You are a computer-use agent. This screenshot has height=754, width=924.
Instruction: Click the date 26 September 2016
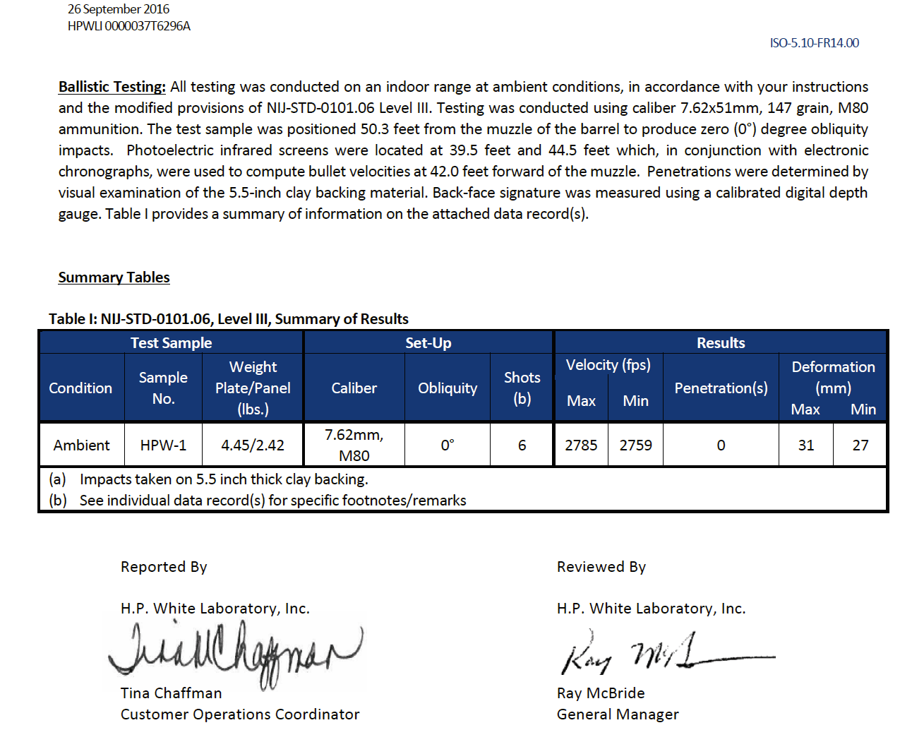119,9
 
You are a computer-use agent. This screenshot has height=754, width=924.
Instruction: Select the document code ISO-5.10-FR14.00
814,43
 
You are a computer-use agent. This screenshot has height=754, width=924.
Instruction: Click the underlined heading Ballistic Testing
112,87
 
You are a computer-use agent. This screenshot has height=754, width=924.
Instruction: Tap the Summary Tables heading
114,277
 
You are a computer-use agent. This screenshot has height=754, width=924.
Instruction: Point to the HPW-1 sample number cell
163,445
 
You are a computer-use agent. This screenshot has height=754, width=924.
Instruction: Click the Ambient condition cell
81,445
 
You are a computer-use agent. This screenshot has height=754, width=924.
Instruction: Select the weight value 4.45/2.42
253,445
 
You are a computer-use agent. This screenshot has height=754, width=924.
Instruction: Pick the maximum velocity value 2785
581,445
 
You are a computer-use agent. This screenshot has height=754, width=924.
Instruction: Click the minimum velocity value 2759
635,445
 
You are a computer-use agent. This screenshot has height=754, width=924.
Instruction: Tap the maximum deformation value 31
805,445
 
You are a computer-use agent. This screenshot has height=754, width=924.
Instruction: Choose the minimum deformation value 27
860,445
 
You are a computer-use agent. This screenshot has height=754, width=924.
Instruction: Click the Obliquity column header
448,388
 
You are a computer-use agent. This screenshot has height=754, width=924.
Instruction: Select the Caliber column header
354,388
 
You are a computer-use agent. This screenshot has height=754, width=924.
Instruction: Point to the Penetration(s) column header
721,388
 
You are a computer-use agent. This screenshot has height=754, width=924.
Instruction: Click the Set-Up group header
428,343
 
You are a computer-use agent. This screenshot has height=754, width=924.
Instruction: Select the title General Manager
618,714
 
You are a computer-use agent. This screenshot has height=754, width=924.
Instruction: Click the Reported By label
164,567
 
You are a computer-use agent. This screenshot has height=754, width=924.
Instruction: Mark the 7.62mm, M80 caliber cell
354,445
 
